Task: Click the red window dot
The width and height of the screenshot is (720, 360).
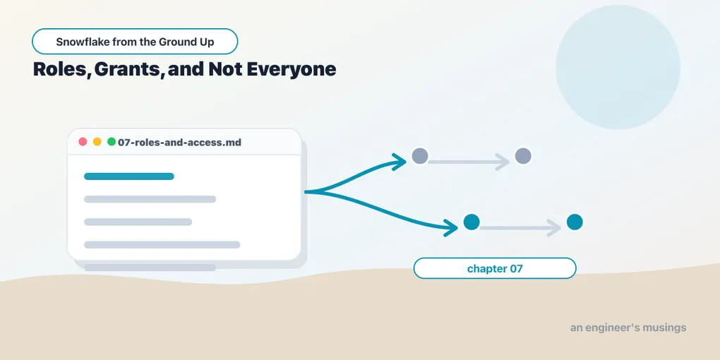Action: pos(83,142)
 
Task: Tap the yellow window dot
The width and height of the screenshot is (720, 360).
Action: pos(97,142)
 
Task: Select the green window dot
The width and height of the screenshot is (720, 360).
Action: pos(111,142)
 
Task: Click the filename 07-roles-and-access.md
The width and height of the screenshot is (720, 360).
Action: pos(179,143)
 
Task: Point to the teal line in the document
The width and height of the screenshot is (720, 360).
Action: pos(129,176)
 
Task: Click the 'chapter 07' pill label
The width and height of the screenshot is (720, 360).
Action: pos(495,268)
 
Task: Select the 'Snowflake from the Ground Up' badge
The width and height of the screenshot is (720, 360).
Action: pos(135,42)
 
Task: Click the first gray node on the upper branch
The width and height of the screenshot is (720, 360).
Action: pos(420,156)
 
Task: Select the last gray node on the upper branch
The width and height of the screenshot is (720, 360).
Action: pos(523,156)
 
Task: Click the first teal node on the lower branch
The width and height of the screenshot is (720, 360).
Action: pos(472,222)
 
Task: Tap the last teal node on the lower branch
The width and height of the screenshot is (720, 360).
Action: pos(575,222)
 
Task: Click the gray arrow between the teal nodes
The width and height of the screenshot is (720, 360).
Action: pos(520,228)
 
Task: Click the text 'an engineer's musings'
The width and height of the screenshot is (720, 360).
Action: pos(628,328)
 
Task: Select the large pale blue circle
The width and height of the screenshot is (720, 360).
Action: pos(618,67)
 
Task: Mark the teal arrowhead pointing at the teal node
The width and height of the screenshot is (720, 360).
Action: pos(451,227)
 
